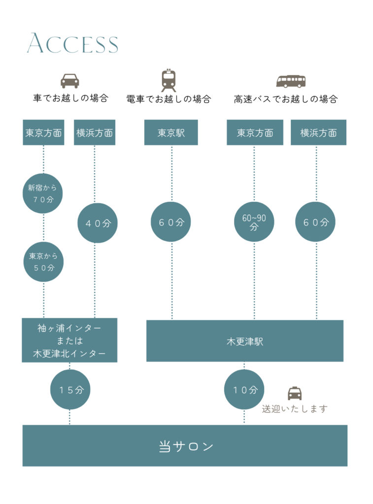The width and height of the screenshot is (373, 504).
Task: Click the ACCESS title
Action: (x=72, y=44)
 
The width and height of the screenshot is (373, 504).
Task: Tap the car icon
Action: (x=70, y=81)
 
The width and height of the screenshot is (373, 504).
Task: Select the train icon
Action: (x=169, y=80)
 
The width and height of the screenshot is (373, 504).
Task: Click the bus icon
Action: (x=291, y=81)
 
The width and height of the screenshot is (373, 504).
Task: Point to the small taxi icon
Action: (x=295, y=393)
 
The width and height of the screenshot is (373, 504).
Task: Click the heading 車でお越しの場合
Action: (x=70, y=98)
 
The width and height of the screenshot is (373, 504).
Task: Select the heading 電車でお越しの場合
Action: (x=169, y=99)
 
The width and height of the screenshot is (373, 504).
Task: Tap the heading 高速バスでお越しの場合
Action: (x=286, y=99)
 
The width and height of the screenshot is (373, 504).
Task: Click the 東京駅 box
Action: (x=171, y=132)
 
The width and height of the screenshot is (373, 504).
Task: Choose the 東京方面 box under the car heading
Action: (x=44, y=132)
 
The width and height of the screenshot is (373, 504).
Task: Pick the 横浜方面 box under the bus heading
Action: (x=318, y=132)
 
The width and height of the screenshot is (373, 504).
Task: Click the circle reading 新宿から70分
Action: (x=43, y=193)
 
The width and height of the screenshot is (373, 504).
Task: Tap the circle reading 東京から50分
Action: (x=43, y=262)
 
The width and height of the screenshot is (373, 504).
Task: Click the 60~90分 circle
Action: (x=254, y=222)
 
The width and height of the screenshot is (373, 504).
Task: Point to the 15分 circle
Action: (x=70, y=390)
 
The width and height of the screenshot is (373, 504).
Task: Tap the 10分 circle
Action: (x=244, y=390)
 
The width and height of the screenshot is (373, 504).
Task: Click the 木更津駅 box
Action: (x=245, y=341)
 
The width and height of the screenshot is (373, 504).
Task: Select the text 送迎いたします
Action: (x=295, y=409)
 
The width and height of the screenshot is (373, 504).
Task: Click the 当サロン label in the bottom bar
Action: (x=186, y=446)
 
